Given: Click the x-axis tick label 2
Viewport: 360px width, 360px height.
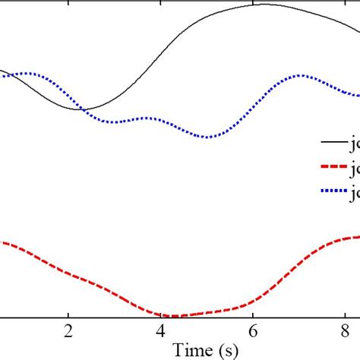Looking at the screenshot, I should tap(68, 333).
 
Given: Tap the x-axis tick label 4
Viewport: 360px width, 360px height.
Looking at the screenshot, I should tap(160, 333).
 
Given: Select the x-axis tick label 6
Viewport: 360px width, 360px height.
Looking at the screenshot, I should tap(253, 333).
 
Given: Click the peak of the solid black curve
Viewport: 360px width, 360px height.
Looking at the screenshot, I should tap(262, 5).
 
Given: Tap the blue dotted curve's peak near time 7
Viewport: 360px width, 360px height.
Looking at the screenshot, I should tap(301, 75).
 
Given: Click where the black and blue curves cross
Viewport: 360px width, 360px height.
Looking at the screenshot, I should tap(84, 109).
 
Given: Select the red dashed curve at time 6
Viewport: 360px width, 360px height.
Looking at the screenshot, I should tap(253, 301).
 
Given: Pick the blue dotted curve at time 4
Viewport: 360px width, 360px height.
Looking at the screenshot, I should tap(160, 120).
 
